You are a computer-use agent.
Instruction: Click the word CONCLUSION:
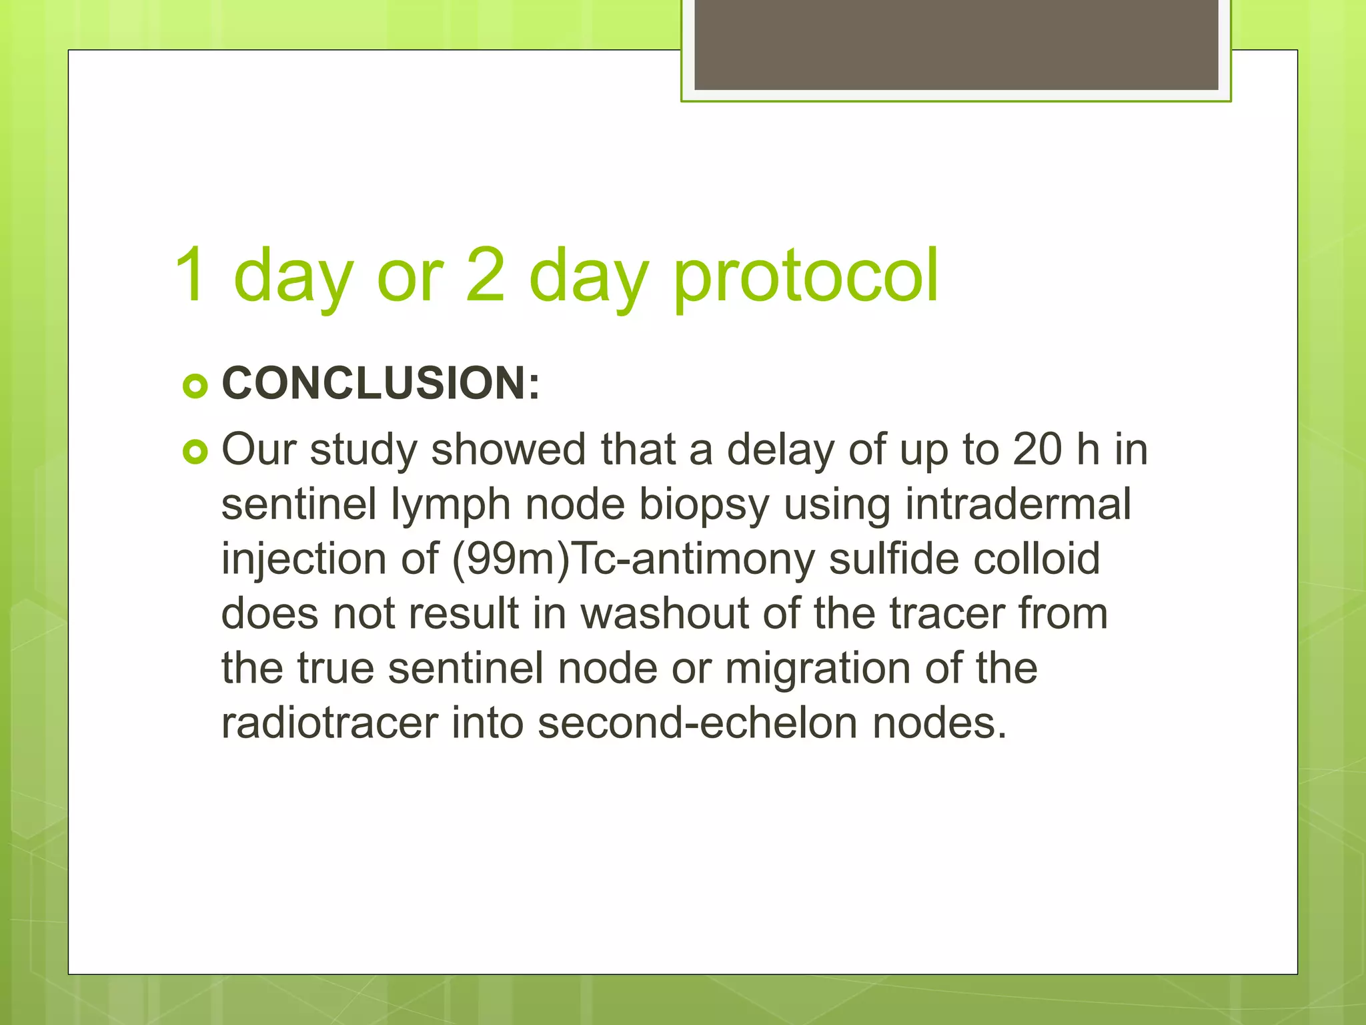(x=380, y=384)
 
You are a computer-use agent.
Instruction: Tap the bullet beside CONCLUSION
(x=195, y=386)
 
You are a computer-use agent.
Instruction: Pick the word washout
(x=664, y=614)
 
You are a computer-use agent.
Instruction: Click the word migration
(x=818, y=669)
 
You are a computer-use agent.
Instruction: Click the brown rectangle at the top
(x=956, y=44)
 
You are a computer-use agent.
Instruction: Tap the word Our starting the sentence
(x=259, y=450)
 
